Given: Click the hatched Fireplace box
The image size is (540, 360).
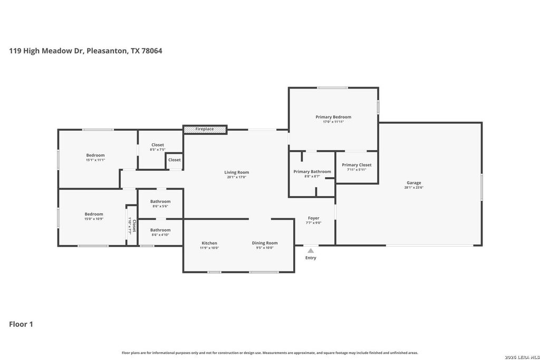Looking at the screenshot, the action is [205, 129].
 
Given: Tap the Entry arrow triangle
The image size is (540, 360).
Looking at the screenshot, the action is [311, 250].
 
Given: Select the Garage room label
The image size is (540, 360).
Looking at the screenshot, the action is [413, 183].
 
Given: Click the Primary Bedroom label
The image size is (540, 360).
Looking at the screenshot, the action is [333, 117].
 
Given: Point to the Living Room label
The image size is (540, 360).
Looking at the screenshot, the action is [237, 172].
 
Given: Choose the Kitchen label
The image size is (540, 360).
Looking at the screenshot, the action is [209, 243].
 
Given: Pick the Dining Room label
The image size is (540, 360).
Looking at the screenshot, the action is [265, 243].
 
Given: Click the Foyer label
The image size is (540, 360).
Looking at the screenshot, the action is [313, 218].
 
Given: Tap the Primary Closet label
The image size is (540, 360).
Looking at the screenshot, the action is [356, 165].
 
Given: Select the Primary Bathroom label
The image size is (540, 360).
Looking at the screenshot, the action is [312, 171].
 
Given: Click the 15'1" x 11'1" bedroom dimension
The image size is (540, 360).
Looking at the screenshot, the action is [95, 160].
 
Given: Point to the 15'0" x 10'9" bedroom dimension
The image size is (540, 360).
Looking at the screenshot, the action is [94, 219].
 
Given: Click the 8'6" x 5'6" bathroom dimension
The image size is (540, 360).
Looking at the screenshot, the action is [160, 207].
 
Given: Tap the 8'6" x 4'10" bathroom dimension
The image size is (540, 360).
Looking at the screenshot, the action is [160, 235].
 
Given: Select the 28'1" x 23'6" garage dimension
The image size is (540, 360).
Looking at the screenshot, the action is [413, 188].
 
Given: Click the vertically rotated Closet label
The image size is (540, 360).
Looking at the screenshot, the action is [134, 226].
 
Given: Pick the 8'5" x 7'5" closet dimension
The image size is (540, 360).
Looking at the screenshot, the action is [158, 150].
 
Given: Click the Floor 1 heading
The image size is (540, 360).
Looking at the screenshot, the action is [21, 324].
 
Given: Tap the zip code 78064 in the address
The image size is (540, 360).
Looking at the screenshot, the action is [152, 51].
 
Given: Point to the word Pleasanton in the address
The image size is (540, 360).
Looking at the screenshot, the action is [107, 51].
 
